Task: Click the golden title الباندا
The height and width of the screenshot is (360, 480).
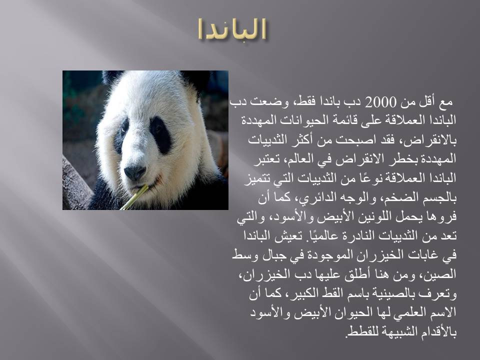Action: [x=231, y=29]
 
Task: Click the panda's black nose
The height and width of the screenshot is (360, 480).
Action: [x=134, y=172]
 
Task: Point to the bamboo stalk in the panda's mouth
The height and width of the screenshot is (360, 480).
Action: [x=134, y=197]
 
